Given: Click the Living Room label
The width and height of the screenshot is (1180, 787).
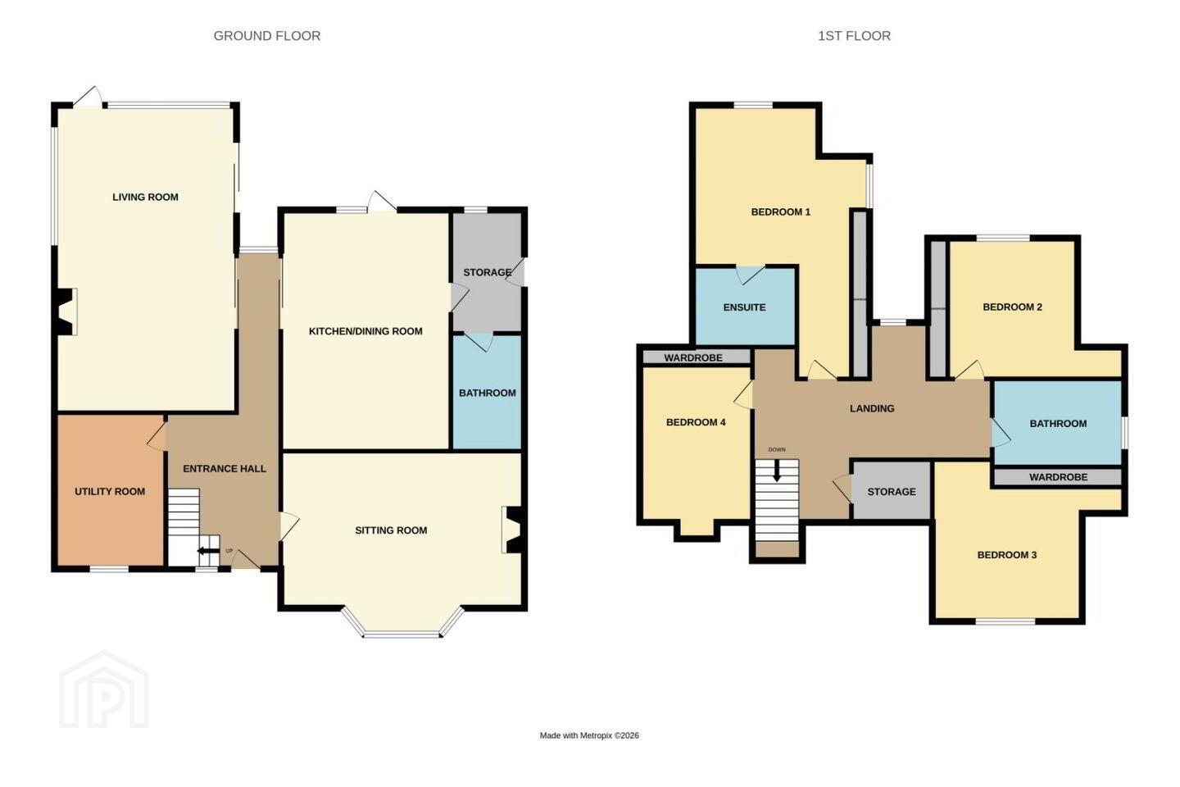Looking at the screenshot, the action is pyautogui.click(x=145, y=197).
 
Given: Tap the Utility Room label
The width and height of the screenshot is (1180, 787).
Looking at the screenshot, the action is pyautogui.click(x=110, y=492).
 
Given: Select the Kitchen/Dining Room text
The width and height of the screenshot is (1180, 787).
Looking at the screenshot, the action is pyautogui.click(x=365, y=331).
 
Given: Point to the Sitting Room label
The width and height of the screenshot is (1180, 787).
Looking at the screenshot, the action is pyautogui.click(x=391, y=530).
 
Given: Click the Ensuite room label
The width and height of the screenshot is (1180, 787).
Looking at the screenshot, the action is pyautogui.click(x=744, y=307).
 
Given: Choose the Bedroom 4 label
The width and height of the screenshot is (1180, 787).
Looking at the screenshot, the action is pyautogui.click(x=696, y=422).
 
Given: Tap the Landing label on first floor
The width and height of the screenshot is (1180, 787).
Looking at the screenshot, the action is pyautogui.click(x=872, y=408).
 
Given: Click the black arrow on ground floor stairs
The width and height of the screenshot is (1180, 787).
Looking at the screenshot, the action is pyautogui.click(x=209, y=552).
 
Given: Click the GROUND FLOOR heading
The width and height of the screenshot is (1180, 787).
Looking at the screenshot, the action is pyautogui.click(x=267, y=36).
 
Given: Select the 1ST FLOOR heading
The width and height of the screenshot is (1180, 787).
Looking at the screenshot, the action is pyautogui.click(x=854, y=36).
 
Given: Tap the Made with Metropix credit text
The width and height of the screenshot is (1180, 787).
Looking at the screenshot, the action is pyautogui.click(x=589, y=735).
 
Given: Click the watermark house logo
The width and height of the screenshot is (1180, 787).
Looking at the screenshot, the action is pyautogui.click(x=104, y=690).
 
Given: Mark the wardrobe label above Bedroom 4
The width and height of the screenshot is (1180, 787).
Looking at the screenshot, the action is pyautogui.click(x=693, y=358).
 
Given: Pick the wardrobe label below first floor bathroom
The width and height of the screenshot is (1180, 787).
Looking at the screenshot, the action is pyautogui.click(x=1059, y=477).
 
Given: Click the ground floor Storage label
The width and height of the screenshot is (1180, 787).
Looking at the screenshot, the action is pyautogui.click(x=488, y=272).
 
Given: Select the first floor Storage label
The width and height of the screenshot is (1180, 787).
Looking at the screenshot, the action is pyautogui.click(x=892, y=492).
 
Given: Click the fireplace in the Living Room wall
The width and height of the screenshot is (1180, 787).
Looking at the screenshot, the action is pyautogui.click(x=66, y=312).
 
